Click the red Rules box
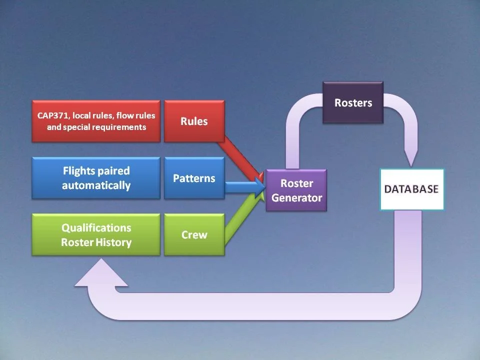click(x=194, y=121)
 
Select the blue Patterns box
click(x=194, y=178)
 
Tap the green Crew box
click(x=194, y=234)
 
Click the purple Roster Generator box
click(x=296, y=190)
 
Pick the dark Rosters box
click(x=353, y=103)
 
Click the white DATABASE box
click(x=411, y=189)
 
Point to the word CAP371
click(x=53, y=115)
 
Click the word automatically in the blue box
click(x=96, y=185)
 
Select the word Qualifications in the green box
click(x=96, y=228)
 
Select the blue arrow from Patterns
click(x=242, y=186)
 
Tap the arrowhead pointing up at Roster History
click(x=101, y=274)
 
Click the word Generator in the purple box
click(x=296, y=197)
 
